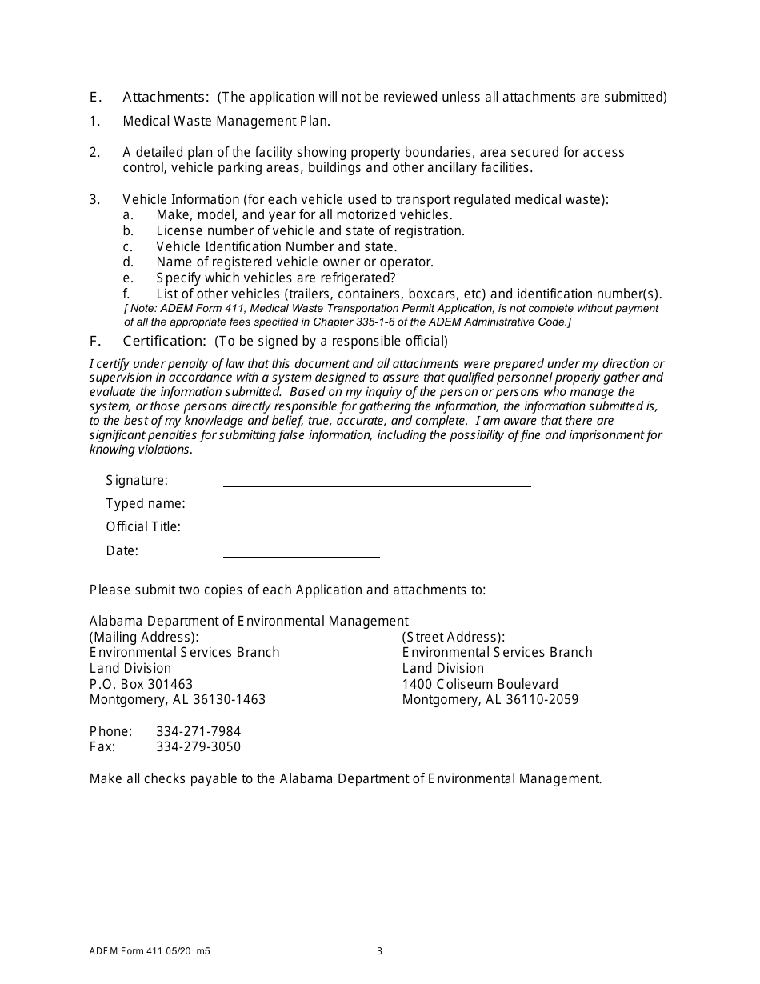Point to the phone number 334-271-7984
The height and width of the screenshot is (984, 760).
[198, 731]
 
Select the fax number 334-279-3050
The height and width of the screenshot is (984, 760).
[198, 747]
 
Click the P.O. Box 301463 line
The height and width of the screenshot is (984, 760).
[141, 684]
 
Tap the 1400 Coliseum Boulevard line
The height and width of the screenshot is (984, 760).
[480, 684]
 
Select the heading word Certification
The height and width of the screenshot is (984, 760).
[165, 342]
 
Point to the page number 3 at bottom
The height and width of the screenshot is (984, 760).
[380, 951]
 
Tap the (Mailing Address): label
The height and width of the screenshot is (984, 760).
[144, 637]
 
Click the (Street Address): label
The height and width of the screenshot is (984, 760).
[454, 637]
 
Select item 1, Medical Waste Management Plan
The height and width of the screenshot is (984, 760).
[226, 121]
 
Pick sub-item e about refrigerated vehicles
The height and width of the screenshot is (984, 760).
[276, 278]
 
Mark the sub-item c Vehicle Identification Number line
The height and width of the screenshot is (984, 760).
[276, 246]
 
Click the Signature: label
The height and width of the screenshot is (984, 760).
[137, 480]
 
